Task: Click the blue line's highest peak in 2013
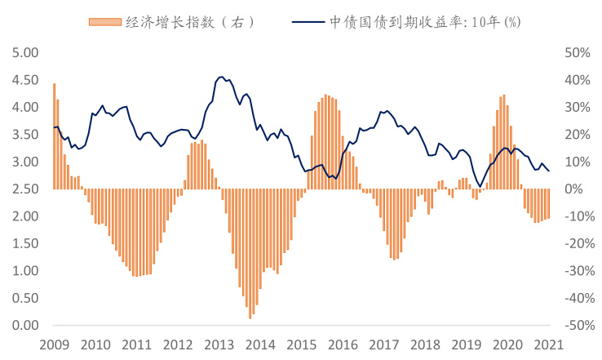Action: (x=221, y=77)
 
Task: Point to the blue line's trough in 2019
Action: (x=480, y=186)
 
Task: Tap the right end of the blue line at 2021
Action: (x=549, y=171)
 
